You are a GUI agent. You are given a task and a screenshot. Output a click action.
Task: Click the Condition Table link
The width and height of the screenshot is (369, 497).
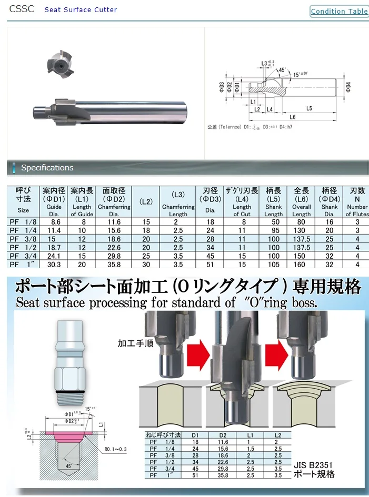tap(339, 11)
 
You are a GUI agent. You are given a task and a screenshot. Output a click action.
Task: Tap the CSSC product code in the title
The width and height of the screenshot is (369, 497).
tap(22, 9)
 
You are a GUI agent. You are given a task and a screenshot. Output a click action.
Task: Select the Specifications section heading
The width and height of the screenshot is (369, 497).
tap(47, 168)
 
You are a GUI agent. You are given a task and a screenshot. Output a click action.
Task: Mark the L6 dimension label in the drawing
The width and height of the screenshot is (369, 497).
tap(292, 117)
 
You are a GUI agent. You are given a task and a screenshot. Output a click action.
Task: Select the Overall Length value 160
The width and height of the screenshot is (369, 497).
tap(301, 265)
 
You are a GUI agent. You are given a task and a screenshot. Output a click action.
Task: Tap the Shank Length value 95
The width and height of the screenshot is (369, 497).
tap(273, 231)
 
